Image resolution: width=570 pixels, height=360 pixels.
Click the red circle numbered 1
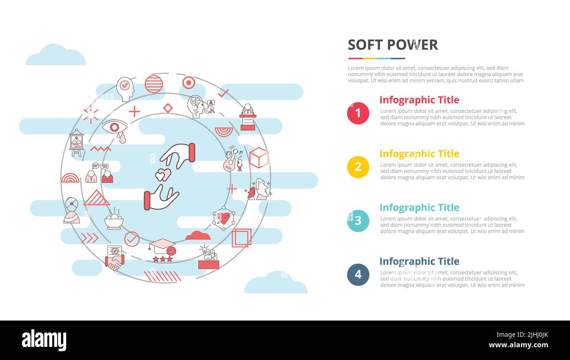[358, 113]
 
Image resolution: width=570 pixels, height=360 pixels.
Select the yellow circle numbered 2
[358, 167]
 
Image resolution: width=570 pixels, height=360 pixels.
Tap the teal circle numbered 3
[358, 221]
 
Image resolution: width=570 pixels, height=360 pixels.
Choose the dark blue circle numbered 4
[358, 274]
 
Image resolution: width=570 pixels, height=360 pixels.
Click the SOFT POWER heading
[392, 45]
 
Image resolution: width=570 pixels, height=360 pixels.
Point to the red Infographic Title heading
[419, 100]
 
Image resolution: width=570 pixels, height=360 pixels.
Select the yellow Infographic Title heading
[419, 154]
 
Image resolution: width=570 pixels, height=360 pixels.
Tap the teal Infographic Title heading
[419, 208]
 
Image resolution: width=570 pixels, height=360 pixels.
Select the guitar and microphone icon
[233, 160]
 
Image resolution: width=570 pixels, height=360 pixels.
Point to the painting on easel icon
[76, 143]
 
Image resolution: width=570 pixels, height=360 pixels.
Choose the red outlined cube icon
[259, 158]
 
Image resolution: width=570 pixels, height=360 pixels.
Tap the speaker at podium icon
[248, 117]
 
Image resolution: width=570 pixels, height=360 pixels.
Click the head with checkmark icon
[125, 89]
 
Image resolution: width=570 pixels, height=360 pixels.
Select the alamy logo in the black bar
[44, 340]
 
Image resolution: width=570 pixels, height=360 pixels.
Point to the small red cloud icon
[198, 236]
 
